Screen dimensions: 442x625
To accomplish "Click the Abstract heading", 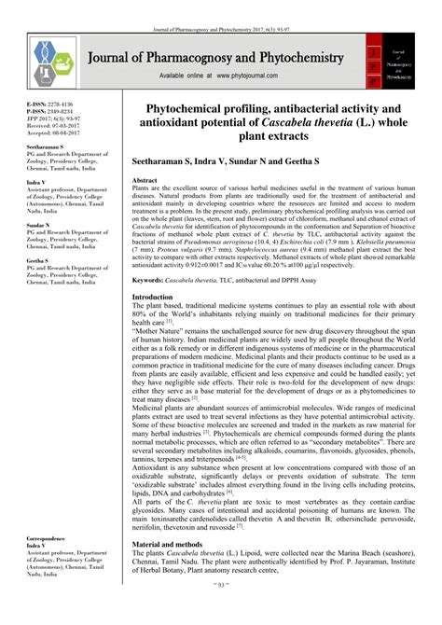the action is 145,179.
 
